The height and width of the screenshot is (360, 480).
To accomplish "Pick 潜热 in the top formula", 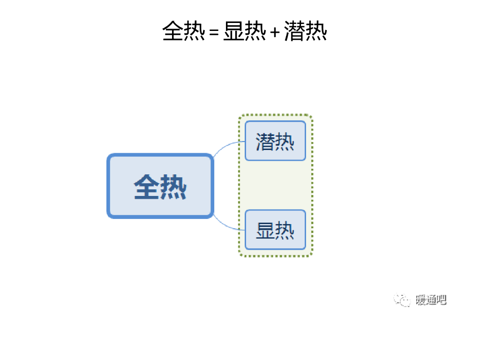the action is click(x=305, y=31).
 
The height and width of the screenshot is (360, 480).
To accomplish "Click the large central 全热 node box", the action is click(x=160, y=186).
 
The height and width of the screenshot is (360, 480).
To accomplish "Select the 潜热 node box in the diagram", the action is click(x=275, y=141).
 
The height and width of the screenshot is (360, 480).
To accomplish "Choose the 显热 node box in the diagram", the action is click(x=275, y=230).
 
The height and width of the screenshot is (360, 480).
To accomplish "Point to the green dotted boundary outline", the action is click(x=311, y=187).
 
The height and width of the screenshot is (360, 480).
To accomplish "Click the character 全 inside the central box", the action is click(x=147, y=187).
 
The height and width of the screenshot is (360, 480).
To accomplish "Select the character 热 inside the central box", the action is click(x=173, y=187).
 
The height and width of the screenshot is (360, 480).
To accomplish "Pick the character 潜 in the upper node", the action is click(x=265, y=141).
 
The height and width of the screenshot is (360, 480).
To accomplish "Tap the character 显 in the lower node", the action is click(x=265, y=230).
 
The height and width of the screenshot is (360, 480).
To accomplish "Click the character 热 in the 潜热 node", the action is click(x=285, y=141).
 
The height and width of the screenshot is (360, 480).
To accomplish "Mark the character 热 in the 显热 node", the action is click(x=285, y=230).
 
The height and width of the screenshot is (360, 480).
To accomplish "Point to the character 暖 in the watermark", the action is click(x=420, y=300).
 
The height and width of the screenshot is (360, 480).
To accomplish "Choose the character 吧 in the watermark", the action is click(x=441, y=300).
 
